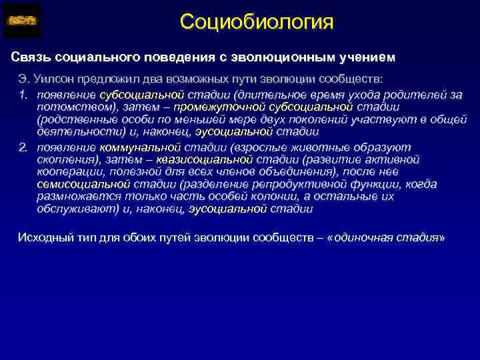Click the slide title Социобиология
point(256,22)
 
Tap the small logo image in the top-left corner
point(22,21)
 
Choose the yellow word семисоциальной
point(75,184)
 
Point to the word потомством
point(73,107)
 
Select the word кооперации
point(67,171)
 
